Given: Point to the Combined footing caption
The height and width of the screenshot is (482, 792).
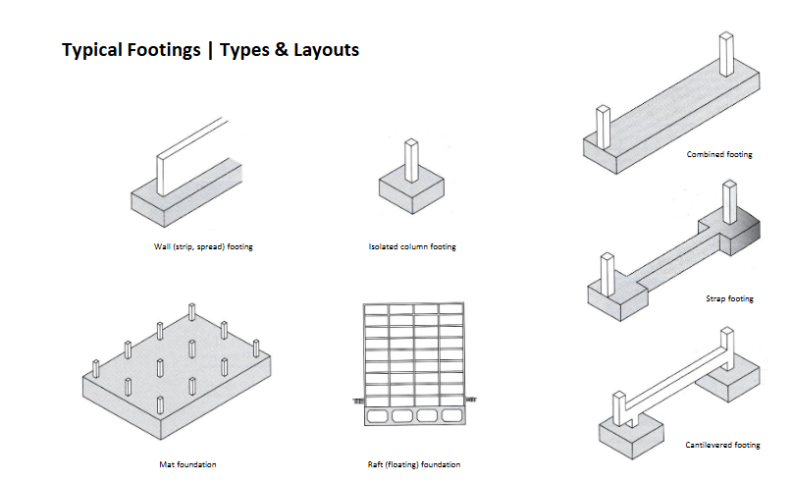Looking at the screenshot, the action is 719,155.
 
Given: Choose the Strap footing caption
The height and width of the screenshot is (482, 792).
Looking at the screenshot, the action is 729,298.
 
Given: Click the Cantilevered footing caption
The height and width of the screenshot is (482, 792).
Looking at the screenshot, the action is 722,446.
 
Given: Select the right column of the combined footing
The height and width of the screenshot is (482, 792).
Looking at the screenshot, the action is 725,54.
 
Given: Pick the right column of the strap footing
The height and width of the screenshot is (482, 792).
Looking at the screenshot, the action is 727,201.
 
